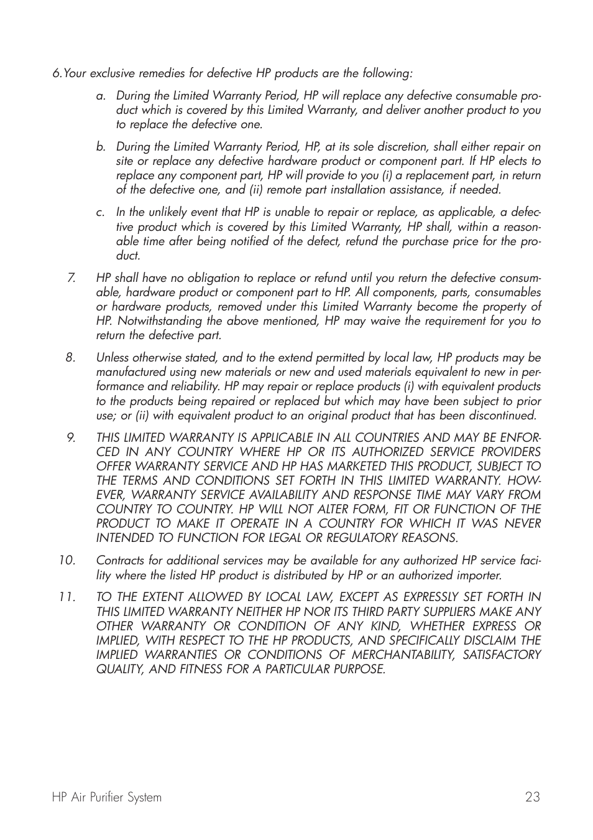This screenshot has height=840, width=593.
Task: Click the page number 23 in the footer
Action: (532, 797)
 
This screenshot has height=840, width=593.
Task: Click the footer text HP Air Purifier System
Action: (107, 797)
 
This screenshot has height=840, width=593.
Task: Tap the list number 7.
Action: (71, 278)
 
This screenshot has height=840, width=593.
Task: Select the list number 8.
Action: (71, 358)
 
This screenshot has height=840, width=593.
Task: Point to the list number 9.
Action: (71, 438)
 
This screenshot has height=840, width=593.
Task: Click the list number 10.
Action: (67, 561)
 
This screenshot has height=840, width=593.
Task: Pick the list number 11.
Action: (67, 597)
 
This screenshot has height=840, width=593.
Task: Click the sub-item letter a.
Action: (100, 96)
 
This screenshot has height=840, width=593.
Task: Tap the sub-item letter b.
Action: (100, 147)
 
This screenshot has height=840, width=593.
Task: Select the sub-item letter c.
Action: (100, 213)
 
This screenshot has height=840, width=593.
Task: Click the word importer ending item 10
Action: (480, 576)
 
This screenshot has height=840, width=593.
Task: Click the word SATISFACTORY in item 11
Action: (502, 655)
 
